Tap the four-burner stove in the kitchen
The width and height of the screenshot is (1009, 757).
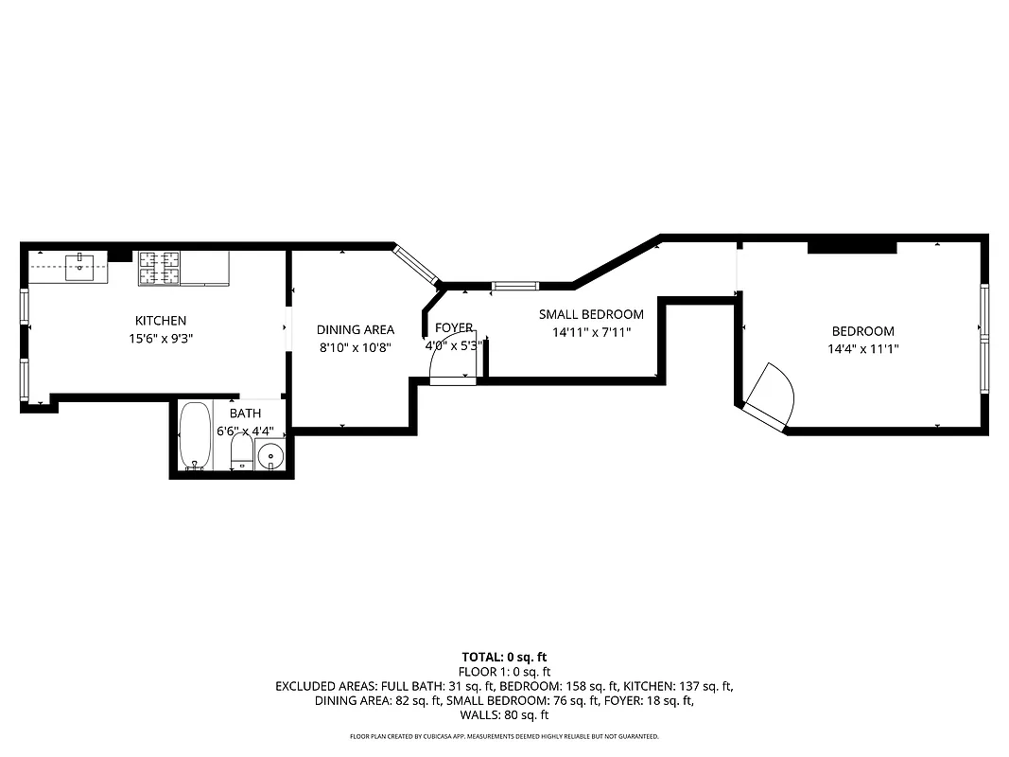click(159, 268)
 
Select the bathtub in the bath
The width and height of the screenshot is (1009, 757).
click(196, 436)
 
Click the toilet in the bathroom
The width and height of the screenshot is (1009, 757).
click(241, 451)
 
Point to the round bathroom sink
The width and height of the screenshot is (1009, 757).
click(270, 456)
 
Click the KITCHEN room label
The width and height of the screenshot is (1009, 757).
click(161, 321)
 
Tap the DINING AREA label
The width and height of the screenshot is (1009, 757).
click(356, 330)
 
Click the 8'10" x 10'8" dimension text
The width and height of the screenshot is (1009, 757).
click(356, 347)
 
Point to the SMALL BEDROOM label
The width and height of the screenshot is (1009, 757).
click(591, 315)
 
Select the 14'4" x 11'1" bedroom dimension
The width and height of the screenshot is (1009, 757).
click(862, 348)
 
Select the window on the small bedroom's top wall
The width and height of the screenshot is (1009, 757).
click(515, 286)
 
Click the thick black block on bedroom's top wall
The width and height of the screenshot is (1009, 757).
click(851, 248)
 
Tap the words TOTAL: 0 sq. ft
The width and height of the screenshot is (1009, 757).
click(504, 657)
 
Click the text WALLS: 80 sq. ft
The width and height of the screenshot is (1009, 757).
click(504, 715)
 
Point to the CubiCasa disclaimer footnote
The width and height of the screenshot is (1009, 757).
click(504, 736)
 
